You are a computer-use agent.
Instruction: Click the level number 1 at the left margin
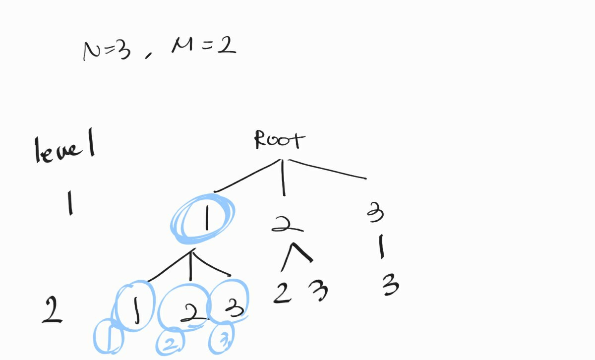(x=70, y=204)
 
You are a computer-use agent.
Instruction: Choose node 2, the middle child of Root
(x=287, y=225)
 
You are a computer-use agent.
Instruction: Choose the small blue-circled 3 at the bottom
(x=222, y=340)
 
